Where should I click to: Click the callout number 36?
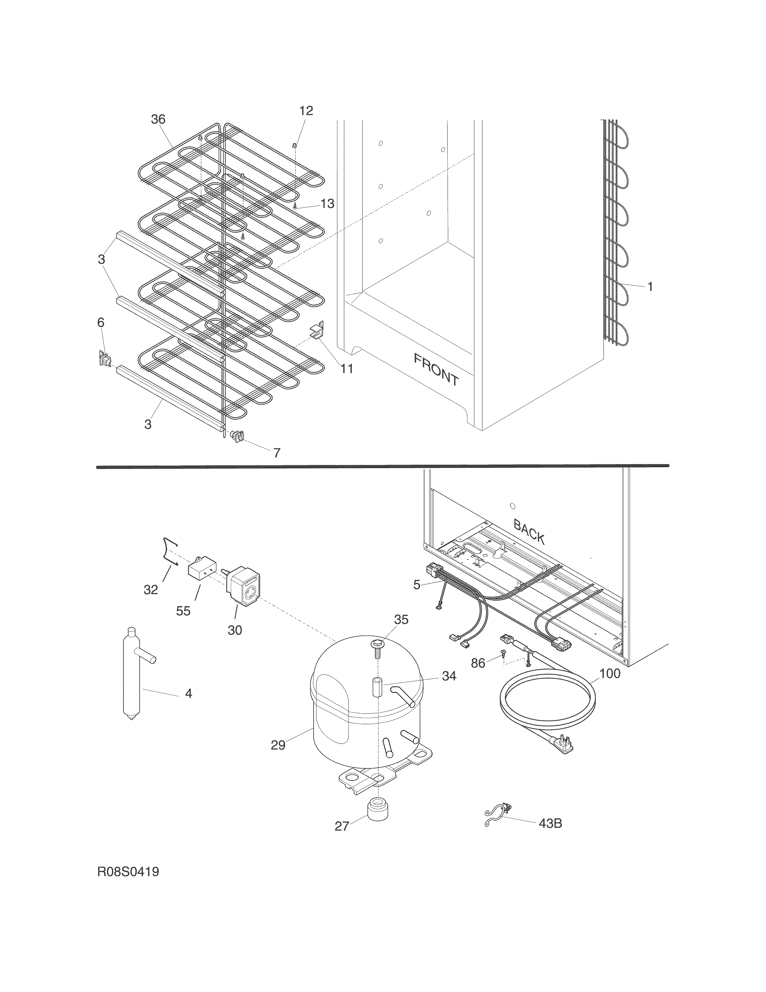[x=158, y=119]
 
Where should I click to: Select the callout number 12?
[x=306, y=111]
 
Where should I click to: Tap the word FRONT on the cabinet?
[x=436, y=369]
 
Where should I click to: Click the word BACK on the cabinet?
[x=529, y=531]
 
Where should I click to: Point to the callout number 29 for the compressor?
[x=278, y=745]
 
